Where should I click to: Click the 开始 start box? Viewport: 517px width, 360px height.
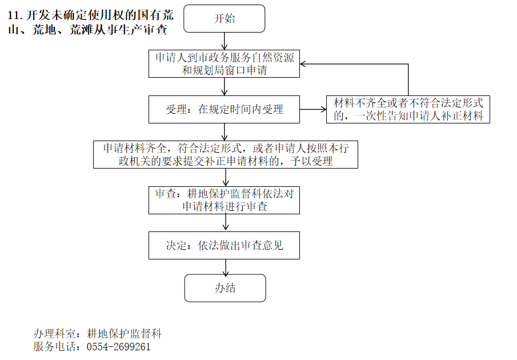coord(225,19)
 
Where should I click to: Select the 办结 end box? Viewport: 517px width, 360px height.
coord(225,288)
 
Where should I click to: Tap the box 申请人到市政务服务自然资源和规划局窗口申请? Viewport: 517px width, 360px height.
coord(224,64)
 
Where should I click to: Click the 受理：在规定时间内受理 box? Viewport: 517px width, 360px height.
coord(224,109)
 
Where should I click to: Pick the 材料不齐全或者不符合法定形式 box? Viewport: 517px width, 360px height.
coord(408,109)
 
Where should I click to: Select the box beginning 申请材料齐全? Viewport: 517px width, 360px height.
coord(226,154)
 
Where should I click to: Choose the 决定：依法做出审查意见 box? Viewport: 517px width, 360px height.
coord(224,246)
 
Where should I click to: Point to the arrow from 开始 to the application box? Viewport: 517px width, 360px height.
coord(225,41)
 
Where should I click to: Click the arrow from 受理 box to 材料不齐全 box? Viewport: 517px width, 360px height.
coord(313,109)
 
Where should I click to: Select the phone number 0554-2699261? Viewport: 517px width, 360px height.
coord(119,347)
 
